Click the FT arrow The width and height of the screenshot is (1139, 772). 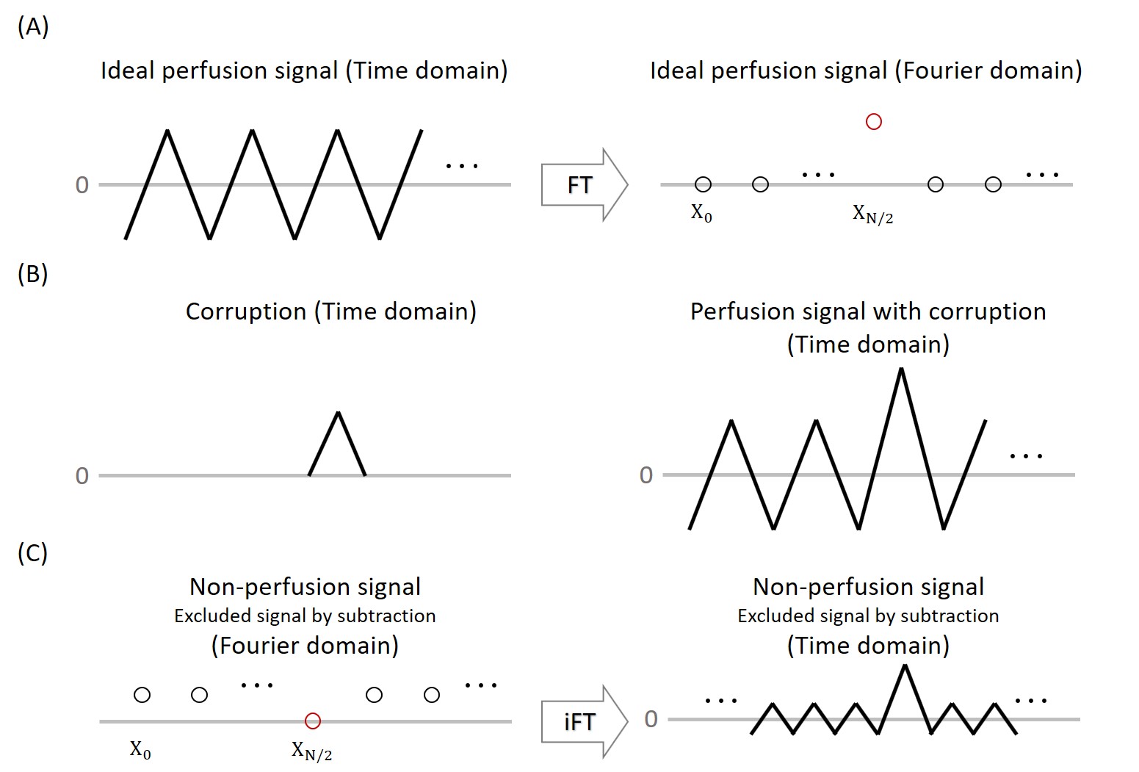click(x=583, y=184)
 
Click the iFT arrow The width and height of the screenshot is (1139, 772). click(x=583, y=721)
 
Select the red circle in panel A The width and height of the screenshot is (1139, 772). click(x=873, y=122)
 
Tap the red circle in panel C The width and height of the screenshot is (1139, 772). click(x=313, y=721)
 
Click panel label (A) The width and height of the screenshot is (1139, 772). click(x=33, y=27)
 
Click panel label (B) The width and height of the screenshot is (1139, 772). click(x=33, y=273)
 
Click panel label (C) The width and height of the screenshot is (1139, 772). click(x=33, y=552)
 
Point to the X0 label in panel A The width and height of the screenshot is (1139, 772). click(x=701, y=213)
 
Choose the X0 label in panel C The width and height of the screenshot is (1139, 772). click(x=140, y=750)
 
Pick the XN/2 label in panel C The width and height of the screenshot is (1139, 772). click(x=311, y=751)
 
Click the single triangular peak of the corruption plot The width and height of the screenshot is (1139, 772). click(x=338, y=414)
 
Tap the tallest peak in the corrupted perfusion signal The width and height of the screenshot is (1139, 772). click(x=901, y=369)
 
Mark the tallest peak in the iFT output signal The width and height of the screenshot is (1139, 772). click(x=905, y=666)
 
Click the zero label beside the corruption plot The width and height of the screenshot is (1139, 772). click(x=82, y=476)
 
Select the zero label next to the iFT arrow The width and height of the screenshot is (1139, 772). click(x=651, y=719)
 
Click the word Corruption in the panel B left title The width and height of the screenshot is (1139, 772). click(x=245, y=311)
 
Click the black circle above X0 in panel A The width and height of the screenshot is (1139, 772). click(x=703, y=184)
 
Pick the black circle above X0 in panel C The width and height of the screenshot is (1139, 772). click(x=142, y=695)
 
